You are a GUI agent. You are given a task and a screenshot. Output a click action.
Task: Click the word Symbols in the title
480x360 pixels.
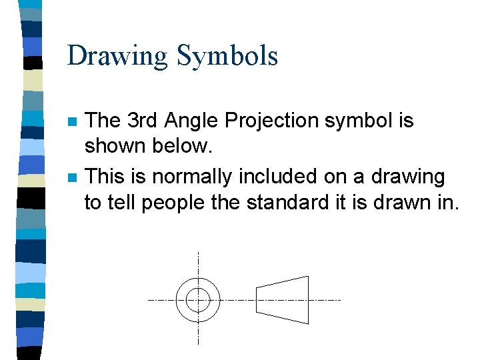(227, 56)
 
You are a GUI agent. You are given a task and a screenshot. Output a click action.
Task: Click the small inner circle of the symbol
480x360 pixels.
(198, 300)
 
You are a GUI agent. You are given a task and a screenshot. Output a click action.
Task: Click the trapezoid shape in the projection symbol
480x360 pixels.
(283, 300)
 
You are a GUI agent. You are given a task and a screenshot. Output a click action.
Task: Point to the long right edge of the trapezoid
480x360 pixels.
(308, 300)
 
